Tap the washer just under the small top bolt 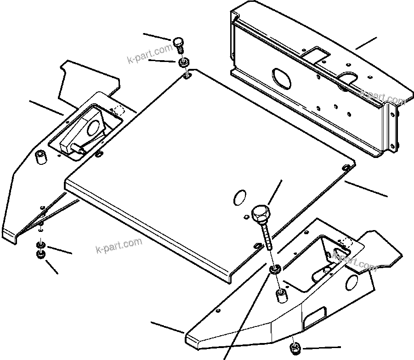[184, 61]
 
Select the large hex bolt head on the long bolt [260, 213]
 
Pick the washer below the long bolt [275, 269]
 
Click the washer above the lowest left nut [40, 244]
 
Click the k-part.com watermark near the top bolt [150, 56]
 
